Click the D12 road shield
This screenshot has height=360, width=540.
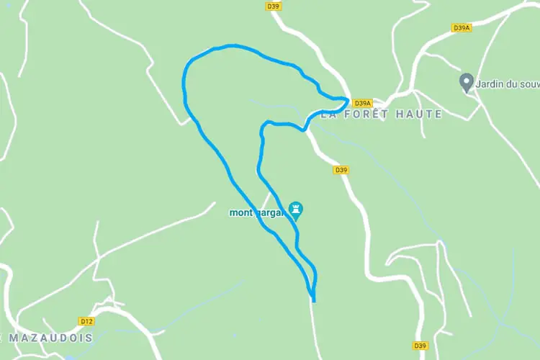click(x=86, y=321)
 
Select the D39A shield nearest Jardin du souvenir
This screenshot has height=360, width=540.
click(x=462, y=27)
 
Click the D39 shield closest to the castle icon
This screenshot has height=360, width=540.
click(x=341, y=170)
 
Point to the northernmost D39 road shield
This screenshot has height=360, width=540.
click(x=273, y=6)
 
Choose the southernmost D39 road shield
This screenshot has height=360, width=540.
click(x=421, y=345)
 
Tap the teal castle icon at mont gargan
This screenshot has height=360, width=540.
click(x=295, y=210)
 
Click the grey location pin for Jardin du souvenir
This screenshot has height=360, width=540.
click(x=466, y=82)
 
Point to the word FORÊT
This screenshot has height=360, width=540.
click(x=372, y=114)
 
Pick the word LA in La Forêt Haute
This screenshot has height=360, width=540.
click(x=330, y=114)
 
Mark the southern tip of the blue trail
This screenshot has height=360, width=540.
click(x=314, y=300)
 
